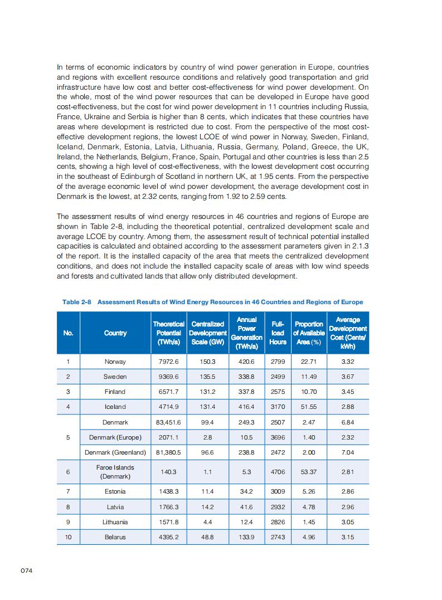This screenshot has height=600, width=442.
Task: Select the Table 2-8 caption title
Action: point(212,302)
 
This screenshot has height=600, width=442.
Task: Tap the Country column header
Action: point(115,333)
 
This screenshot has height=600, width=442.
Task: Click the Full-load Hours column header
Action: point(278,333)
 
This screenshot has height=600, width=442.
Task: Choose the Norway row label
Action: point(115,362)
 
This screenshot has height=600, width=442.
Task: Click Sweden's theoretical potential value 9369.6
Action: point(168,377)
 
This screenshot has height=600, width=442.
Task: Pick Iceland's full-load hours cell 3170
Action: point(278,407)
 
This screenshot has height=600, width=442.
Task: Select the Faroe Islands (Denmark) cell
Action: point(115,472)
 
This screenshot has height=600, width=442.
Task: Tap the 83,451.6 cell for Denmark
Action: point(168,422)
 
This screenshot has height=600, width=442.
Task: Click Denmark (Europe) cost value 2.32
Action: point(347,437)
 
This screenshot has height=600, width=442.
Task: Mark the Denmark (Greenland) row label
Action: point(115,452)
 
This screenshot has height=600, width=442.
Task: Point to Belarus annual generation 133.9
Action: point(246,537)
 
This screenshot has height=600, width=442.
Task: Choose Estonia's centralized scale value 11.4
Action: point(207,491)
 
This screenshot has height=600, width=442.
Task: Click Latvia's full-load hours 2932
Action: point(278,507)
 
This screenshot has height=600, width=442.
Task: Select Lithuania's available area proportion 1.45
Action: point(309,522)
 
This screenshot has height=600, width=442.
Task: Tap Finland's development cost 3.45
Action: point(347,392)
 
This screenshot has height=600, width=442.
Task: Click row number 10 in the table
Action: point(68,537)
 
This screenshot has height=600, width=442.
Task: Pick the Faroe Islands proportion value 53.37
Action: point(309,472)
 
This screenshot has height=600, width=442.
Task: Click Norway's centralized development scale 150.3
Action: point(207,362)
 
